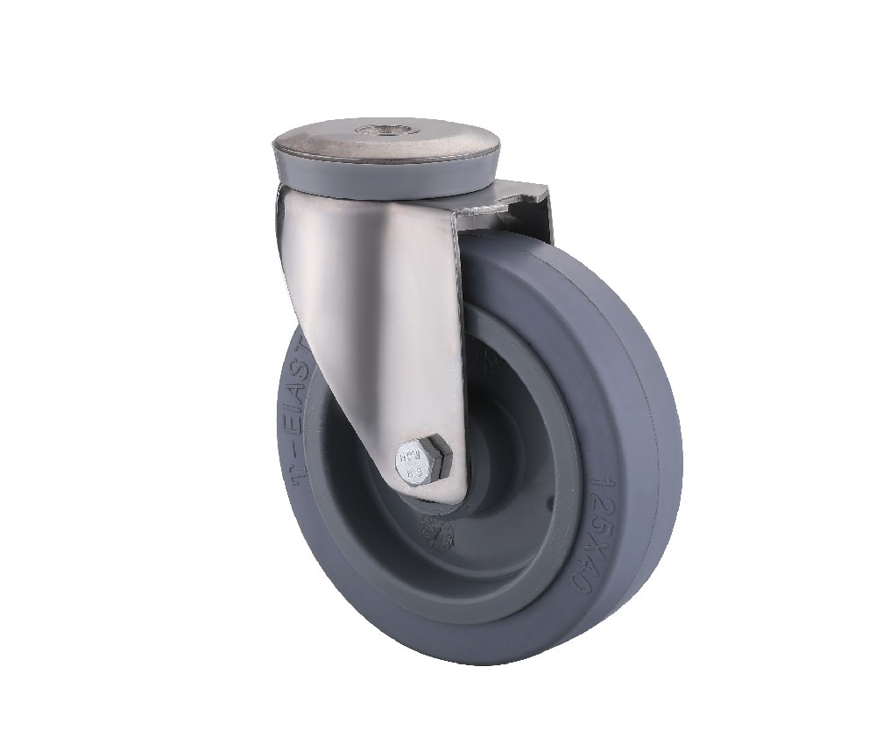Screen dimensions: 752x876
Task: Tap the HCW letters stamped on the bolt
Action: tap(411, 456)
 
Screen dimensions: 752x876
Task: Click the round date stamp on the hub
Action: tap(436, 532)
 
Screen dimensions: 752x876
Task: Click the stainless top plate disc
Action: tap(385, 145)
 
